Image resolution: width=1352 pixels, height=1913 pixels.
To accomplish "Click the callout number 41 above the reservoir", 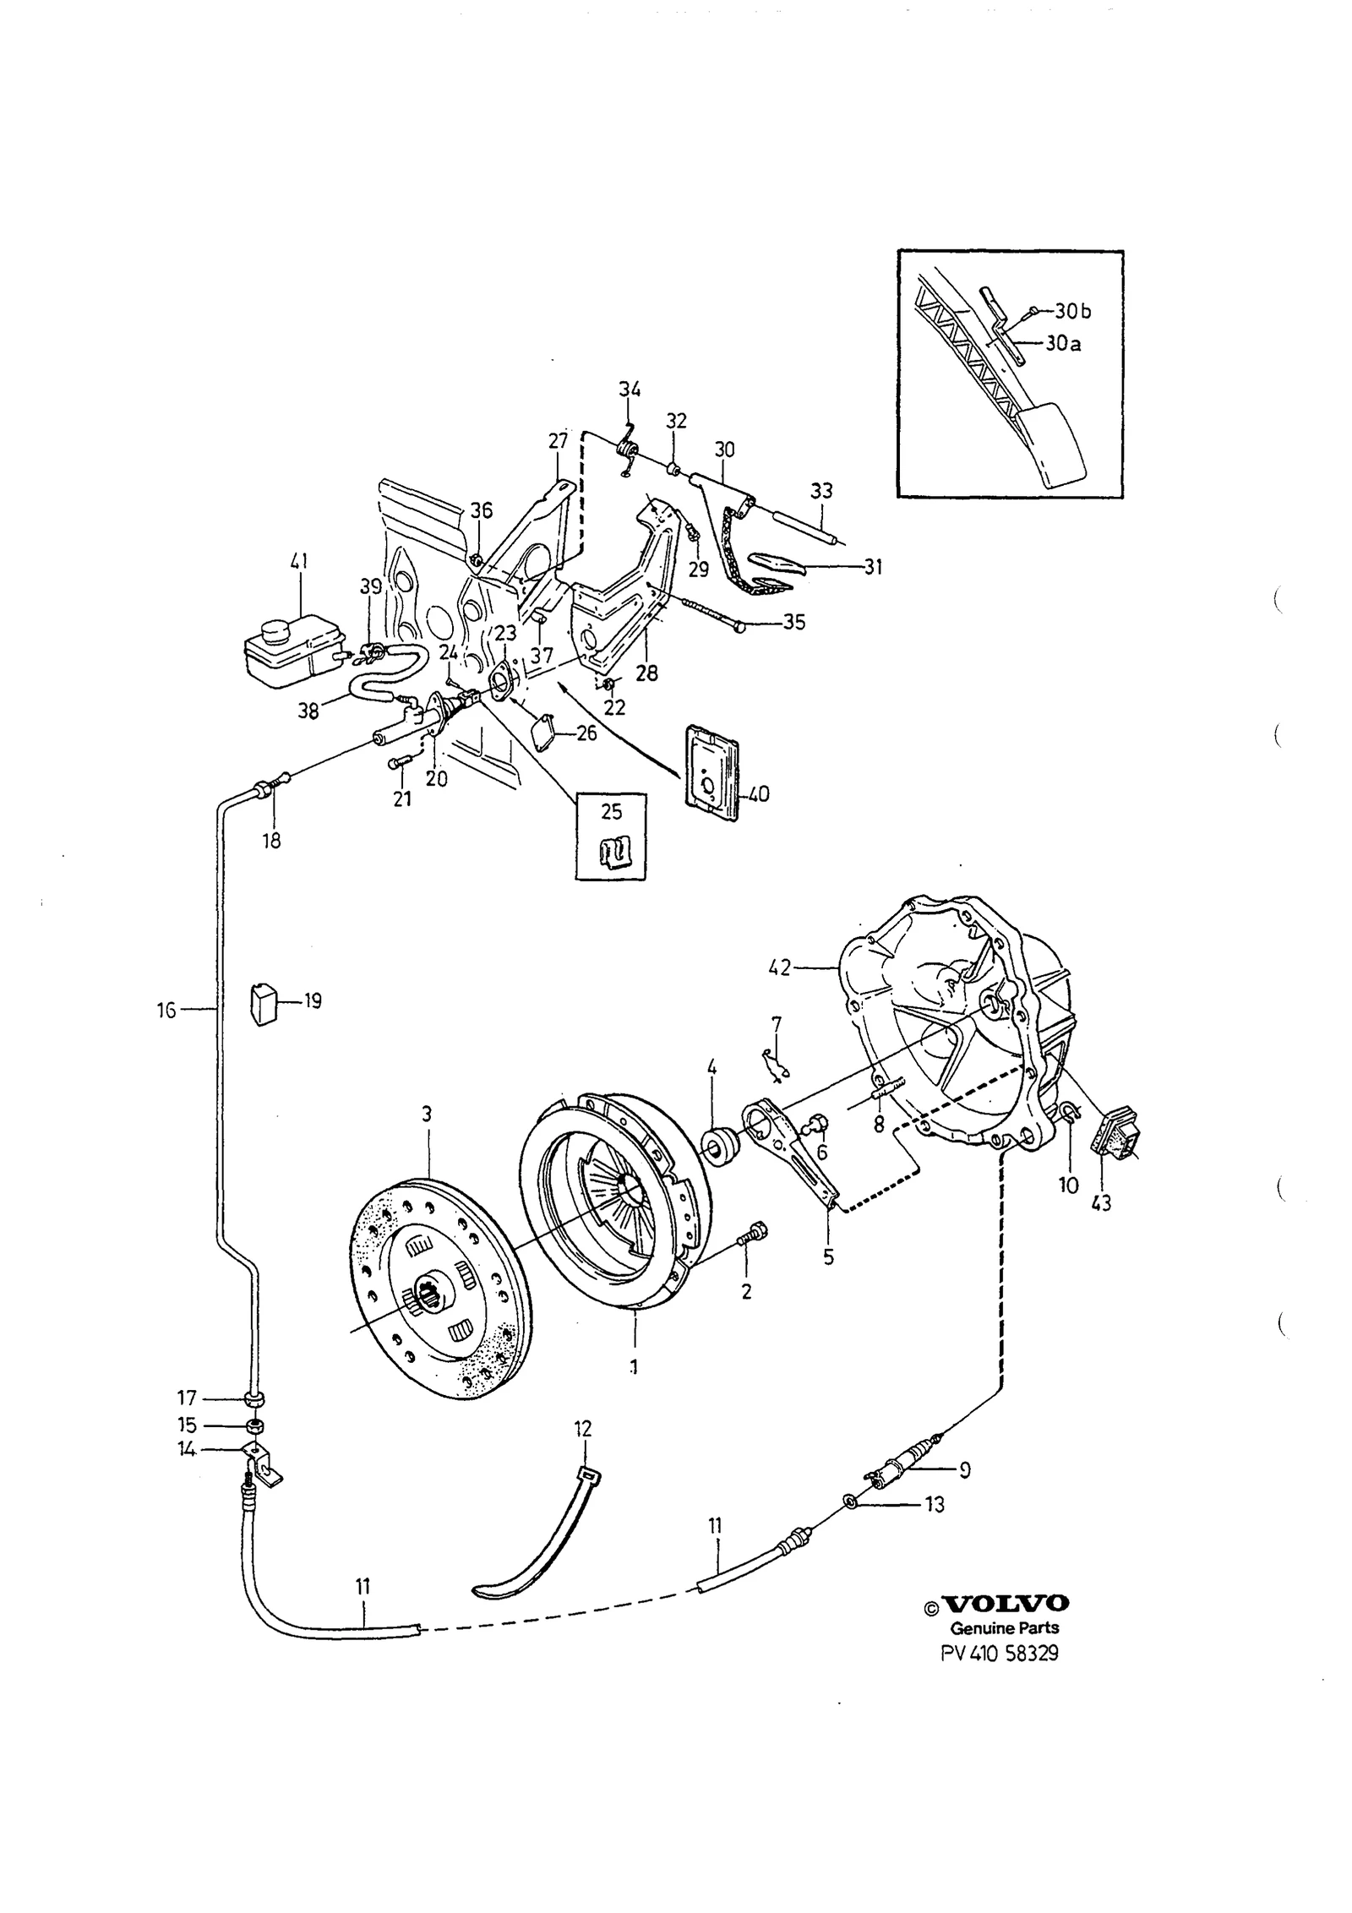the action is click(300, 561).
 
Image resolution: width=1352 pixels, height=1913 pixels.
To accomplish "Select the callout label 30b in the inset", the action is click(1073, 312).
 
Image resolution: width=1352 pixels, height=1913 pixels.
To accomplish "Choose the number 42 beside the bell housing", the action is click(780, 967).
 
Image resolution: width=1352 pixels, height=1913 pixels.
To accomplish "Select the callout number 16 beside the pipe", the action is click(166, 1009).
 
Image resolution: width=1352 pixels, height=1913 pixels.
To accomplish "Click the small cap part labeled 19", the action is click(264, 1003).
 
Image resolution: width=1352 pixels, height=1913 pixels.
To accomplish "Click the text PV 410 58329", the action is click(1000, 1653).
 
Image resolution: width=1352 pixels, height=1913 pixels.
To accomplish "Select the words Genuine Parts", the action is click(1005, 1628).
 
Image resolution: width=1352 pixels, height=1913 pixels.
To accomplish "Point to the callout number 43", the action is click(1101, 1203).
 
